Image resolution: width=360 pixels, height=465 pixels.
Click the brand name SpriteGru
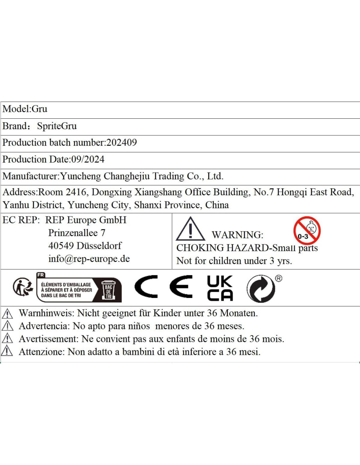coord(57,126)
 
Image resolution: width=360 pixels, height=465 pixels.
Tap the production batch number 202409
coord(122,143)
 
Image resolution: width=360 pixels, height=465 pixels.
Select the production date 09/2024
coord(88,160)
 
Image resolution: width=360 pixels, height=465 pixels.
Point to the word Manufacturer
coord(30,176)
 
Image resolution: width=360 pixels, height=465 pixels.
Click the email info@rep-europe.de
coord(89,259)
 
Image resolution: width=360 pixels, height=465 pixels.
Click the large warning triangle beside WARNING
coord(190,229)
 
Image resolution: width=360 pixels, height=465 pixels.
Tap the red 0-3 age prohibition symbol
coord(307,231)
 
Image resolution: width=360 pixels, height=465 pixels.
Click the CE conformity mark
coord(163,287)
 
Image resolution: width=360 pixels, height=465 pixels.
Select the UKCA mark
coord(220,288)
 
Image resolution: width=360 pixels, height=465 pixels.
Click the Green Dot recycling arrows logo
coord(261,288)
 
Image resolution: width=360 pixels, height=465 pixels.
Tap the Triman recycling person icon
coord(23,287)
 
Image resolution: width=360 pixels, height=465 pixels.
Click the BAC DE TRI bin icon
coord(108,290)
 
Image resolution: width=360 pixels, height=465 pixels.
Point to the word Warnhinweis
coord(46,313)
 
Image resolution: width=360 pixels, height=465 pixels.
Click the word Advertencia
coord(44,326)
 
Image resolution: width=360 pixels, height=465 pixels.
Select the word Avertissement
coord(48,339)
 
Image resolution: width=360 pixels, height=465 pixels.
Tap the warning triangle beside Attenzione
coord(7,351)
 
